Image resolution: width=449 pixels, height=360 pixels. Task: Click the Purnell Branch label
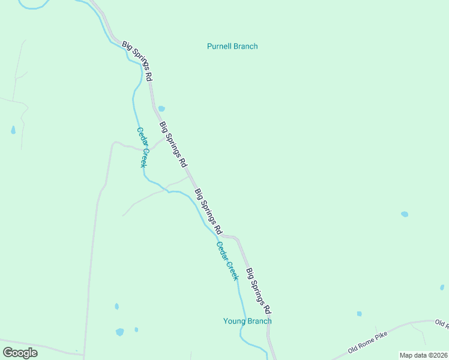pyautogui.click(x=232, y=46)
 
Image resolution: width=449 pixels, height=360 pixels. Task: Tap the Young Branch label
pyautogui.click(x=247, y=321)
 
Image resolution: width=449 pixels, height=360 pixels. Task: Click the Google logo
pyautogui.click(x=20, y=352)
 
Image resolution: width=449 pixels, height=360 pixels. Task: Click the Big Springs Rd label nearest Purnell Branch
pyautogui.click(x=137, y=61)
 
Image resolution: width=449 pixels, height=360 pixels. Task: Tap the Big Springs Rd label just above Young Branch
pyautogui.click(x=260, y=291)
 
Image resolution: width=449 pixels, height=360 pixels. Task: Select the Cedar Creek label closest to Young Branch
pyautogui.click(x=228, y=260)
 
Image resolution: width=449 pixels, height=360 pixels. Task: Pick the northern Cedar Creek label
pyautogui.click(x=142, y=147)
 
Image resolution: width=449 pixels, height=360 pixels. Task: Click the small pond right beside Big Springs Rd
pyautogui.click(x=161, y=109)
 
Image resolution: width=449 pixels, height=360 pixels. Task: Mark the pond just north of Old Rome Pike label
pyautogui.click(x=359, y=313)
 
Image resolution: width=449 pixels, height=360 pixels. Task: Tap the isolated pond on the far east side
pyautogui.click(x=405, y=214)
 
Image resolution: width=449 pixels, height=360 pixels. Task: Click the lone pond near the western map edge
pyautogui.click(x=13, y=130)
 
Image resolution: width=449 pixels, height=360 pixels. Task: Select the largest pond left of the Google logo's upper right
pyautogui.click(x=120, y=331)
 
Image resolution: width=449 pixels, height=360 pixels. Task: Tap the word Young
pyautogui.click(x=234, y=321)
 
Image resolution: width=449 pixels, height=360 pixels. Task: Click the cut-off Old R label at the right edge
pyautogui.click(x=442, y=324)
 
